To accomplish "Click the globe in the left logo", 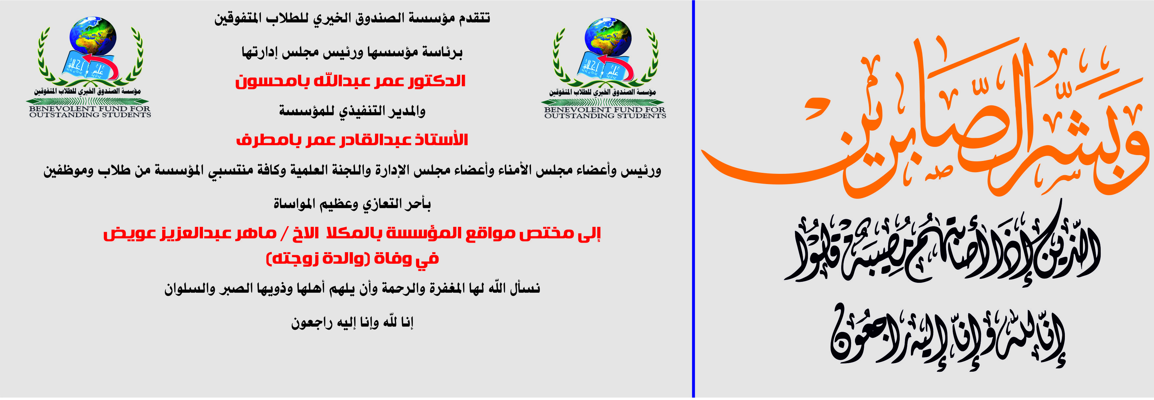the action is [x=93, y=37].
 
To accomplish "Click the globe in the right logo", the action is [x=608, y=38].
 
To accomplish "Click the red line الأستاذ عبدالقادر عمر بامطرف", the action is [x=352, y=140].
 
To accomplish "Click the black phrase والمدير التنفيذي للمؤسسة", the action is [x=352, y=111].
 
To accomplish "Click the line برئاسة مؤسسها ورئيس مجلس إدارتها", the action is [x=352, y=52].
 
